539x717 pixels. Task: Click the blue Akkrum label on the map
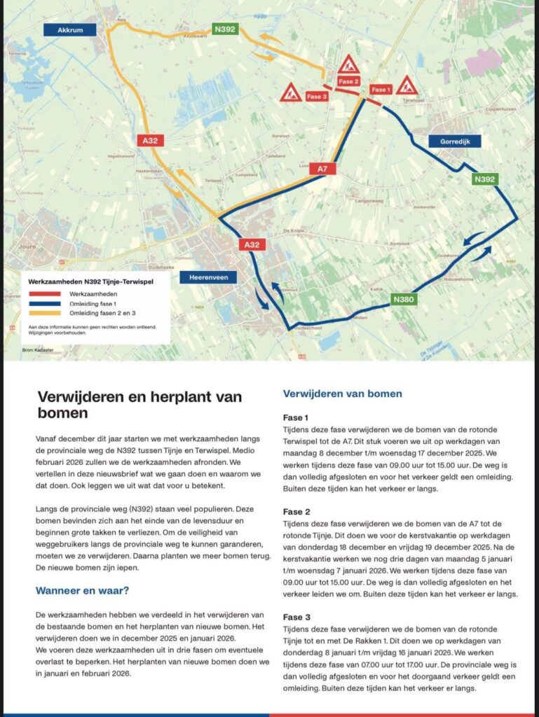(x=69, y=29)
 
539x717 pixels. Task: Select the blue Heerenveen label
(x=208, y=278)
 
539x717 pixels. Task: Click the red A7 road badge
(x=322, y=169)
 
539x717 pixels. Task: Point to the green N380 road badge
(x=404, y=300)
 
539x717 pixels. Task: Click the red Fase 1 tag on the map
(x=381, y=90)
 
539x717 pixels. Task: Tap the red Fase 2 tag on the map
(x=348, y=82)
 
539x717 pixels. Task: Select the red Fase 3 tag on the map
(x=316, y=97)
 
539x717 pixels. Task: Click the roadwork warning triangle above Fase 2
(x=348, y=65)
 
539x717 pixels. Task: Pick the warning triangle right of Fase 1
(x=407, y=86)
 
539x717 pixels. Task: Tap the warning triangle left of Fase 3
(x=291, y=92)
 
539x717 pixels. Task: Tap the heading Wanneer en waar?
(x=82, y=590)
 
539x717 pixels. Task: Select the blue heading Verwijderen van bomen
(x=342, y=394)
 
